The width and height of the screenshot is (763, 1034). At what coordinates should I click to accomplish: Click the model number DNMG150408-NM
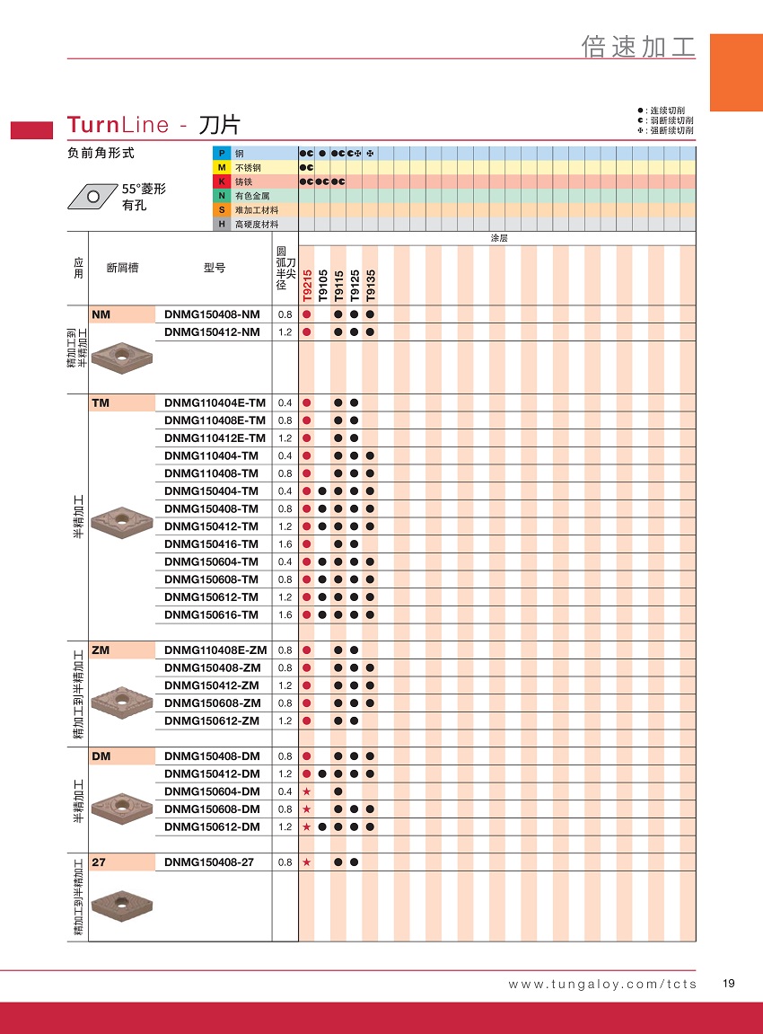point(212,314)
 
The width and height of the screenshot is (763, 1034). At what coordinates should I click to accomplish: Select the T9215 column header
point(307,285)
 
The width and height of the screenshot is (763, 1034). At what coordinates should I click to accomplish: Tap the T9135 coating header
point(370,285)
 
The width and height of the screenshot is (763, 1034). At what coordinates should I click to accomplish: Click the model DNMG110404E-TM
point(215,402)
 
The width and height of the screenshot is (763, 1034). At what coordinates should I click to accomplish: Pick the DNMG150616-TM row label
point(212,614)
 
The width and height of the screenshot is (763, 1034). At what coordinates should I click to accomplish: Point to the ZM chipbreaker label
point(101,650)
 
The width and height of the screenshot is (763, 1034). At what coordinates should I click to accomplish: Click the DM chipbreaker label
point(101,756)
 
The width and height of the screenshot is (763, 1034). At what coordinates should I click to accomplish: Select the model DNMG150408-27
point(209,862)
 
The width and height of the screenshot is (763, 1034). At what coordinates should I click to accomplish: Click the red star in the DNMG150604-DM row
point(307,791)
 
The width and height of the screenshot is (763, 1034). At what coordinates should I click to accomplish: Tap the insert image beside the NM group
point(122,357)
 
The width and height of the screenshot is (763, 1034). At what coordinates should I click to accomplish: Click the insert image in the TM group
point(122,521)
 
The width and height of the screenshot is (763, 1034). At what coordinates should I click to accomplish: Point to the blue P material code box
point(221,154)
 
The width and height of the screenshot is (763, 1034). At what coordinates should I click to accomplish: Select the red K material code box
point(221,181)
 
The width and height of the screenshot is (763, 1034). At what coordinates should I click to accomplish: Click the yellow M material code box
point(221,168)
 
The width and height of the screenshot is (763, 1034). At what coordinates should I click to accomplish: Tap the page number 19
point(728,984)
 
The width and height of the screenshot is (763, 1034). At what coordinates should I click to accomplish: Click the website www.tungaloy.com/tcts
point(602,985)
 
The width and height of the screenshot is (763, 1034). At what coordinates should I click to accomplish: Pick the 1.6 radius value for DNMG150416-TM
point(285,544)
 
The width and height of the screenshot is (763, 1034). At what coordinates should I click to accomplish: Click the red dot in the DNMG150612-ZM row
point(307,720)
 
